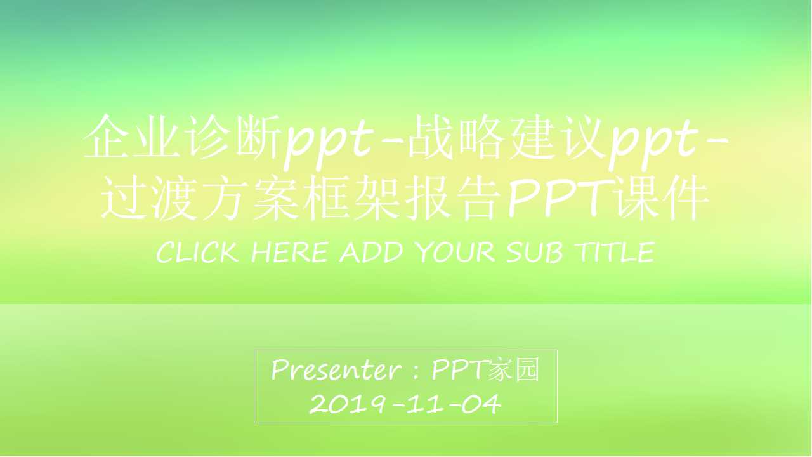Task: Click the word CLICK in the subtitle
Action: [197, 253]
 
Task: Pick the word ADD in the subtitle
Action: [370, 253]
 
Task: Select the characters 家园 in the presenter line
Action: [514, 369]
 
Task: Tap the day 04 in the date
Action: [481, 404]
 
